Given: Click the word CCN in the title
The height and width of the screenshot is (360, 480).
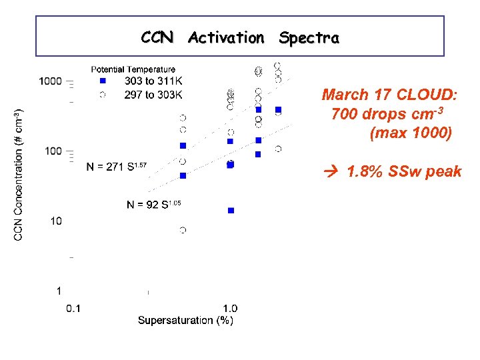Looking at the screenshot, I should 157,38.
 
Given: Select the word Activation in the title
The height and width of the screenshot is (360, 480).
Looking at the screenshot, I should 226,38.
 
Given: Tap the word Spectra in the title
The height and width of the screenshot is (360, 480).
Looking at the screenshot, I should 309,38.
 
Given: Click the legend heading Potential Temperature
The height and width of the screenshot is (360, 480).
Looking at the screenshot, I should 133,69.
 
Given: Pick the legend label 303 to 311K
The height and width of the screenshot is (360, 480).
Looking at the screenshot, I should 153,81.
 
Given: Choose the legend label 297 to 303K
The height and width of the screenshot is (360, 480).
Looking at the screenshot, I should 153,95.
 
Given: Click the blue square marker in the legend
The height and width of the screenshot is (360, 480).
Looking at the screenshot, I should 102,81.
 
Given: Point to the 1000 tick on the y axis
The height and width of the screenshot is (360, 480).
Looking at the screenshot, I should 50,81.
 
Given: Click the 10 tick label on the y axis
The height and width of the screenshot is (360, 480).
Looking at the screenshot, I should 56,221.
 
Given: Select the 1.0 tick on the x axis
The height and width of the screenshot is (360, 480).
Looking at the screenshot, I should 229,308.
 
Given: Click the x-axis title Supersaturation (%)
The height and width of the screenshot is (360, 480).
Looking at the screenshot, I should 185,321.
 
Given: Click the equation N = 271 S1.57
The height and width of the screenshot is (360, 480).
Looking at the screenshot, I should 116,166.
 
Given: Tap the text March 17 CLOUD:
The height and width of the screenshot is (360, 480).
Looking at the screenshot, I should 389,95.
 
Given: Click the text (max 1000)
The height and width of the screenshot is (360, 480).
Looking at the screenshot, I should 410,133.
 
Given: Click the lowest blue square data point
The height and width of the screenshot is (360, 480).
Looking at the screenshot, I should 231,210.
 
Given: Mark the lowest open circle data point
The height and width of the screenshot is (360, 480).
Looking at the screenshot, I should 183,230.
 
